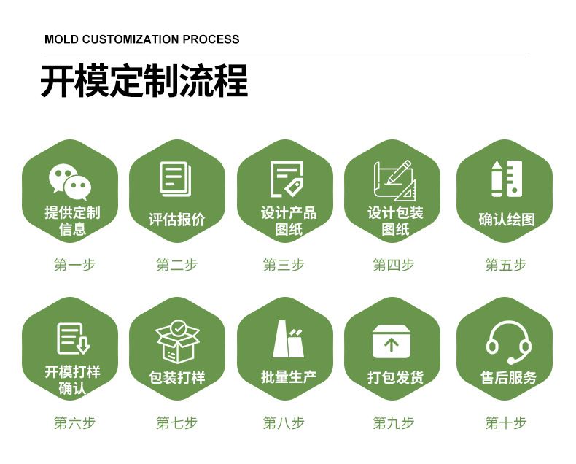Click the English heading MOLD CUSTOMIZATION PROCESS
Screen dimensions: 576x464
pos(141,39)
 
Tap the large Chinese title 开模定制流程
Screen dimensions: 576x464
pos(144,81)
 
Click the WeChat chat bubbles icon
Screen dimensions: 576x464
pos(70,182)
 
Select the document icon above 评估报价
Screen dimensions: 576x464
pos(176,179)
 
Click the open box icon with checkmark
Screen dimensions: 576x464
pos(177,341)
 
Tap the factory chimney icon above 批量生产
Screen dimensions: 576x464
pos(288,339)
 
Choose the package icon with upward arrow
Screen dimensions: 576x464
pos(392,341)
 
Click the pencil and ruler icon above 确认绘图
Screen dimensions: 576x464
pos(507,179)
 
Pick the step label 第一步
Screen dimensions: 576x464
pos(74,265)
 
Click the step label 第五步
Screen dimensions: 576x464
pos(506,265)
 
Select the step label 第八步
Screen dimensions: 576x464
pos(284,423)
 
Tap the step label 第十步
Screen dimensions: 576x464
pos(506,423)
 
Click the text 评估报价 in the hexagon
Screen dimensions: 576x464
pos(176,220)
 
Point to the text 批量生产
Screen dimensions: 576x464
pos(289,377)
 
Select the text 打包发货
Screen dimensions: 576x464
pos(396,377)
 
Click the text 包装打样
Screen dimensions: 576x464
pos(176,377)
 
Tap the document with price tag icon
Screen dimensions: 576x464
pos(287,179)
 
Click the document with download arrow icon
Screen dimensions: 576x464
pos(74,339)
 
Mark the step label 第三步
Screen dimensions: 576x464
pos(284,265)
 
